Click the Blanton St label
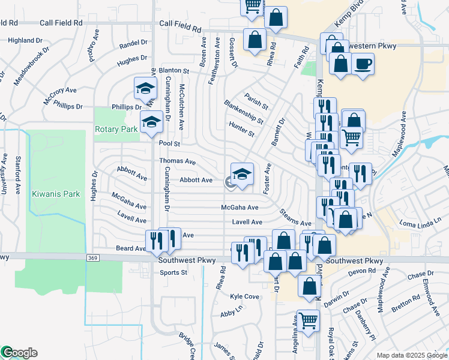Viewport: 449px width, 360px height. coord(175,70)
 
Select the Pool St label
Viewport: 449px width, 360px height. coord(170,144)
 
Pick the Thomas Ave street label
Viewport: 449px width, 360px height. coord(178,161)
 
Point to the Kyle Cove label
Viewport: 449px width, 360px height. coord(244,296)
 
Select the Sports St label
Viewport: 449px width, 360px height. coord(174,272)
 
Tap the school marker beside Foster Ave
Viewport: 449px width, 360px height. coord(242,175)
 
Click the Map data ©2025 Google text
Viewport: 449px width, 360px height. coord(412,355)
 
